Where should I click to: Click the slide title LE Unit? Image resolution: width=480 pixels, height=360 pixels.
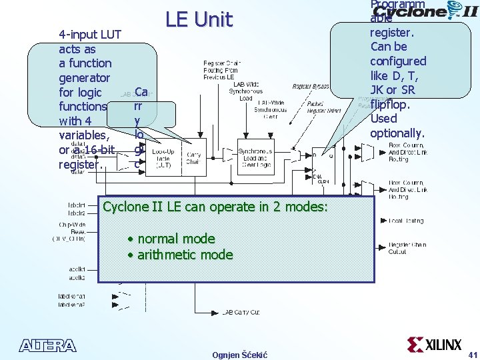pos(199,20)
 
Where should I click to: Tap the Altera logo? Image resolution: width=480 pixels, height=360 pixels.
pos(48,345)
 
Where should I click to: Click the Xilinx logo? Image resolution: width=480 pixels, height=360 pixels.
pos(434,345)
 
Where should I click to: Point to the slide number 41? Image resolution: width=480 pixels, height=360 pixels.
pos(472,354)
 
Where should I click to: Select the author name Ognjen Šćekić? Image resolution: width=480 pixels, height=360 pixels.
pos(239,355)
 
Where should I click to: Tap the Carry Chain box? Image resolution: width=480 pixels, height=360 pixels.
pos(194,157)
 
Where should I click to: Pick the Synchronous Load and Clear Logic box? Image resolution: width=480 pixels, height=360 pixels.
pos(255,156)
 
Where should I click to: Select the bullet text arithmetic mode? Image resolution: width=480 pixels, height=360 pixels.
pos(185,255)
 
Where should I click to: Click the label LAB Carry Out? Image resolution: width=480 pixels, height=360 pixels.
pos(241,312)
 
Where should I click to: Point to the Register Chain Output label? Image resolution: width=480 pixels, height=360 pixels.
pos(408,248)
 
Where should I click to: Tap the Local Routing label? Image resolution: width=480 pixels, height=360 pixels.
pos(406,221)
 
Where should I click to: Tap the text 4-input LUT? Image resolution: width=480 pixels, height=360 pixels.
pos(90,35)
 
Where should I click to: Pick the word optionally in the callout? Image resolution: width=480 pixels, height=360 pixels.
pos(397,133)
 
